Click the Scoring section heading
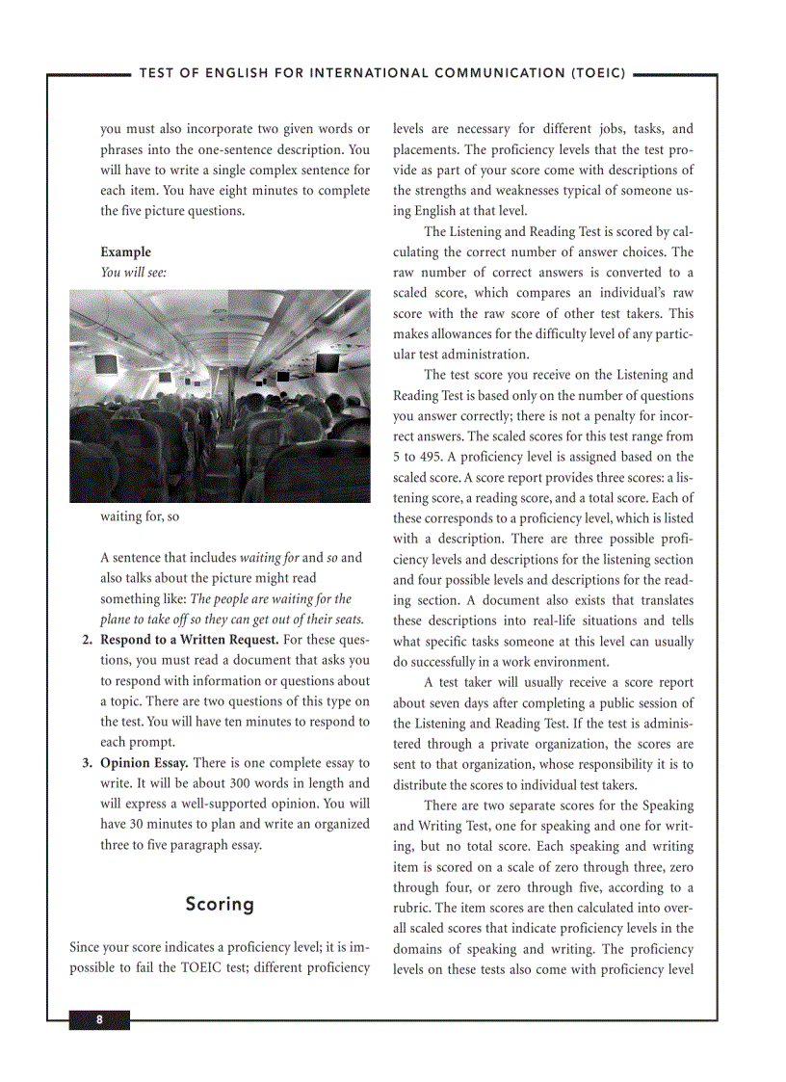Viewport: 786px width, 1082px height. coord(220,904)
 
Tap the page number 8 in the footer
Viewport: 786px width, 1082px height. coord(98,1020)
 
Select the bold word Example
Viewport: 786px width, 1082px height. coord(126,252)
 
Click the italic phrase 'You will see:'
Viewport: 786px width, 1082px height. coord(134,273)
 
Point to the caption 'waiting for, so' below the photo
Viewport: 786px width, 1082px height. coord(140,516)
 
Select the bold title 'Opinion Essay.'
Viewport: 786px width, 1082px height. coord(144,763)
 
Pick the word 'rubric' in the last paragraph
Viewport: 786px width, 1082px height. coord(412,908)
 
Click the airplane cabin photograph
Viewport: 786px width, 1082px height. coord(220,396)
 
